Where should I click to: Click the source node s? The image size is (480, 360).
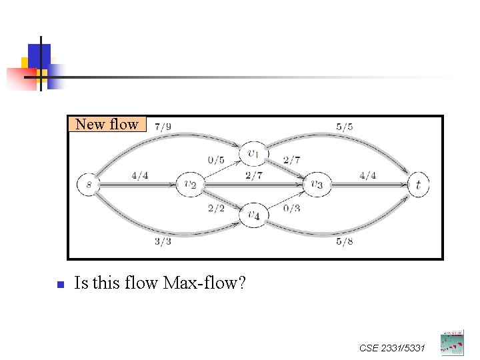[88, 184]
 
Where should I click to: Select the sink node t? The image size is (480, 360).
[418, 185]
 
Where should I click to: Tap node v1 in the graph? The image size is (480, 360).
[253, 154]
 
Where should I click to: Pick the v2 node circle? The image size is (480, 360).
[189, 185]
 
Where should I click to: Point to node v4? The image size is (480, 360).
[253, 215]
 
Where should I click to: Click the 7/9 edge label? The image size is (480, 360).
[162, 127]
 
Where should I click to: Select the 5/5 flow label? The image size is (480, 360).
[345, 127]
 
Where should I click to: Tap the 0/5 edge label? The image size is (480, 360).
[217, 160]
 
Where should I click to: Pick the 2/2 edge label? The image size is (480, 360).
[217, 209]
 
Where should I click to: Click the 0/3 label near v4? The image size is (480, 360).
[291, 209]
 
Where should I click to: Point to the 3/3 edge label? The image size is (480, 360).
[163, 241]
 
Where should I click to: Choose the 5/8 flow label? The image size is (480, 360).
[345, 241]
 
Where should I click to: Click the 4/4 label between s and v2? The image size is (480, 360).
[140, 176]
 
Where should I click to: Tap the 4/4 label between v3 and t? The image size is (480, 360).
[367, 176]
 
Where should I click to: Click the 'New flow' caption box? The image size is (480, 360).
[107, 124]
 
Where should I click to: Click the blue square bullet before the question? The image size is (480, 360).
[59, 285]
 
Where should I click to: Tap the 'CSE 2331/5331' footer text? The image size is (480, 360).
[392, 347]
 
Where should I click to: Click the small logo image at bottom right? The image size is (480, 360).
[451, 342]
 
